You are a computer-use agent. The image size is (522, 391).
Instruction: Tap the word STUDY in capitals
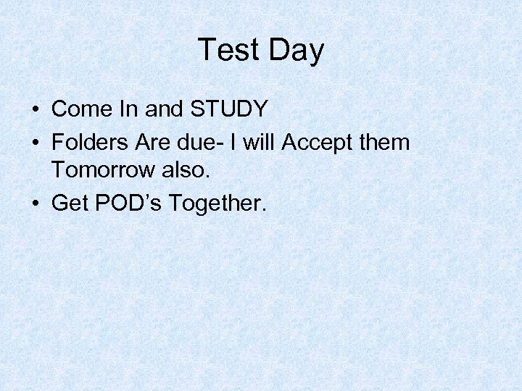click(229, 109)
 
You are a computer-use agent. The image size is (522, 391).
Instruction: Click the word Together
click(217, 203)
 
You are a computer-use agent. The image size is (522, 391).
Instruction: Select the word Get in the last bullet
click(70, 203)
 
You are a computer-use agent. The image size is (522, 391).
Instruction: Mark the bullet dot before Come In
click(35, 110)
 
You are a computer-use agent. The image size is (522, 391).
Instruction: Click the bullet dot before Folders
click(35, 143)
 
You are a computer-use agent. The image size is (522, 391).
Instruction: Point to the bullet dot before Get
click(35, 203)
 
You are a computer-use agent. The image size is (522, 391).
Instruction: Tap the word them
click(384, 142)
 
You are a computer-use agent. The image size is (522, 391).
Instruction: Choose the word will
click(259, 142)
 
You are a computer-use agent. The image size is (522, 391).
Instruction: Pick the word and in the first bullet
click(163, 109)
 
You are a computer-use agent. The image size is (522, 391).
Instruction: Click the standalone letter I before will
click(231, 142)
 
